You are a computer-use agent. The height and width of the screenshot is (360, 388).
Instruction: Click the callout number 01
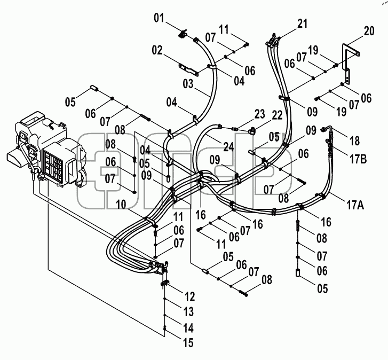click(159, 18)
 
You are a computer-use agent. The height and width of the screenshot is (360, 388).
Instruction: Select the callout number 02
click(157, 50)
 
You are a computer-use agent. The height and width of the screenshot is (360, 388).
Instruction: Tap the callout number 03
click(188, 84)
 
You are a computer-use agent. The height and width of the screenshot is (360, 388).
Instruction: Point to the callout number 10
click(121, 205)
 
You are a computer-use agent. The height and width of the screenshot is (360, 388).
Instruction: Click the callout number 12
click(190, 296)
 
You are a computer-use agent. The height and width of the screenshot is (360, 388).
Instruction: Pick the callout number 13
click(188, 312)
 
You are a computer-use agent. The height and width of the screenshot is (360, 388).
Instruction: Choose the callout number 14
click(188, 328)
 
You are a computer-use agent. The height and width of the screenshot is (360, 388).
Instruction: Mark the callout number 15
click(188, 343)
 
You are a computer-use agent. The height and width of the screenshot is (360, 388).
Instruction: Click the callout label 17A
click(355, 205)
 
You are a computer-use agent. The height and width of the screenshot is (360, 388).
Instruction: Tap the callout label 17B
click(358, 159)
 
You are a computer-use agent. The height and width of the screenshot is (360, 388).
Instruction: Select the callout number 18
click(354, 141)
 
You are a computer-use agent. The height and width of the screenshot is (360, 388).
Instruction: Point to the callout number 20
click(369, 31)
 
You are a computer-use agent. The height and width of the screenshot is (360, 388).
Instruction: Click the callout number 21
click(302, 24)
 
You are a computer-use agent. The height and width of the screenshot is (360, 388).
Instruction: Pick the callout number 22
click(277, 115)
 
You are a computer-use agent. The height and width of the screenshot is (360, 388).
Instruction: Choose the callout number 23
click(260, 114)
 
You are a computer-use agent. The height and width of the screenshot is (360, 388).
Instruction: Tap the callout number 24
click(228, 146)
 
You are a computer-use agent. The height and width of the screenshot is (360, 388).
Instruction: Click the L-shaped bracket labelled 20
click(351, 63)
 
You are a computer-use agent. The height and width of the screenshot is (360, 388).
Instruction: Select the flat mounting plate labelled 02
click(188, 70)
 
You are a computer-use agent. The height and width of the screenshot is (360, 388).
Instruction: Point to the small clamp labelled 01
click(183, 34)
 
